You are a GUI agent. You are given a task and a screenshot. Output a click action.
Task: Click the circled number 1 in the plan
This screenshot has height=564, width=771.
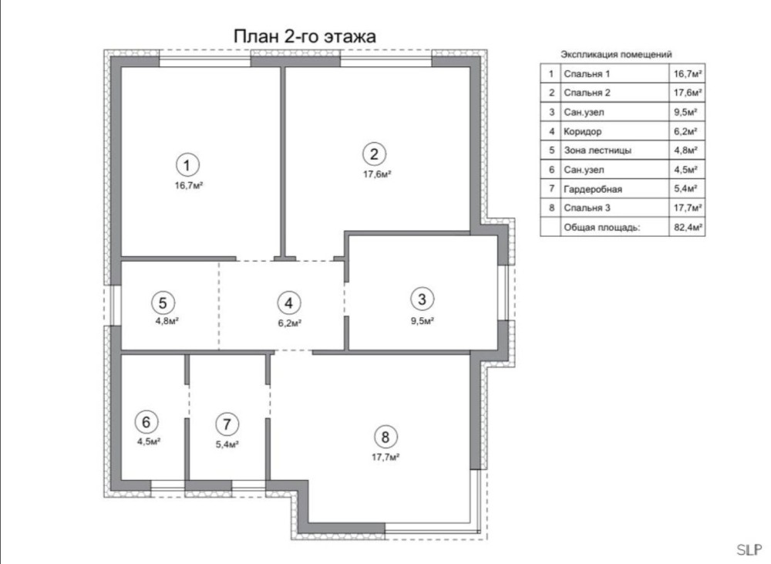pos(187,165)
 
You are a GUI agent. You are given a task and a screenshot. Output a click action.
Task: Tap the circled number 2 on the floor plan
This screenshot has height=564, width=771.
pos(374,154)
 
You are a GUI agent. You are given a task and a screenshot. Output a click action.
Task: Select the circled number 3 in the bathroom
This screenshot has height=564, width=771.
pos(422,299)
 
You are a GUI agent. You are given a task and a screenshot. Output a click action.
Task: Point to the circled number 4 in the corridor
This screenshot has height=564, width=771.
pos(288,303)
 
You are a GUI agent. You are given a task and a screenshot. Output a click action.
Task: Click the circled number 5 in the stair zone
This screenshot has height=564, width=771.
pos(163,302)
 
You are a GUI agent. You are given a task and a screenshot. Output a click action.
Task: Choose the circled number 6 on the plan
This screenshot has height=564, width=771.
pos(146,422)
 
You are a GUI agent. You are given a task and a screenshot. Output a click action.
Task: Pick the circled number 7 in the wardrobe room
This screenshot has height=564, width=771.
pos(227,424)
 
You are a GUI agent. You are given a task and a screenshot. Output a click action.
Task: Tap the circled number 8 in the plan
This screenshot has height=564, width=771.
pos(385,437)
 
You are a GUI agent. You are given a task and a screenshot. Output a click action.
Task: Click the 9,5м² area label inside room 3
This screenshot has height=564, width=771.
pos(423,322)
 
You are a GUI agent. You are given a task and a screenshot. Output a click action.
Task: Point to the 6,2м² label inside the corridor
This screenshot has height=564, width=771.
pos(290,323)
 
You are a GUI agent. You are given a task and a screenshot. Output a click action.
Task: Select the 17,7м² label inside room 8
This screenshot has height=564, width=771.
pos(385,458)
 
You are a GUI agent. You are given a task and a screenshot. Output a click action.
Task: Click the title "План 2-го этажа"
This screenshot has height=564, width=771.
pos(305,36)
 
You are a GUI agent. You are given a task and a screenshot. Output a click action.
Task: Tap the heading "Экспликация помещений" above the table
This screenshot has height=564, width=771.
pos(616,54)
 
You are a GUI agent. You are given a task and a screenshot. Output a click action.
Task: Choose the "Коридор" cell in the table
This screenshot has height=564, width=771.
pos(582,131)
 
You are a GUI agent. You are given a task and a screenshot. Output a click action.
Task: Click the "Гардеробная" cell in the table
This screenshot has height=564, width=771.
pos(592,189)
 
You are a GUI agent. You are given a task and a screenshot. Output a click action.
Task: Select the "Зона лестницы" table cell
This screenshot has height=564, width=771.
pos(598,150)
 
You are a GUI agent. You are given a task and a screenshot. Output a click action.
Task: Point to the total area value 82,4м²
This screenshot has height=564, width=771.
pos(688,228)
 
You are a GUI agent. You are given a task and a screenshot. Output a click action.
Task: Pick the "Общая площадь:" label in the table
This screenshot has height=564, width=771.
pos(602,228)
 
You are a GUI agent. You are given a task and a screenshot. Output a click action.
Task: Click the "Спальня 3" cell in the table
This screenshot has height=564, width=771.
pos(587,208)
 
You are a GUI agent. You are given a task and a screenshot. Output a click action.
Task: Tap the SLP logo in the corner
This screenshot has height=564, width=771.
pos(749,549)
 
